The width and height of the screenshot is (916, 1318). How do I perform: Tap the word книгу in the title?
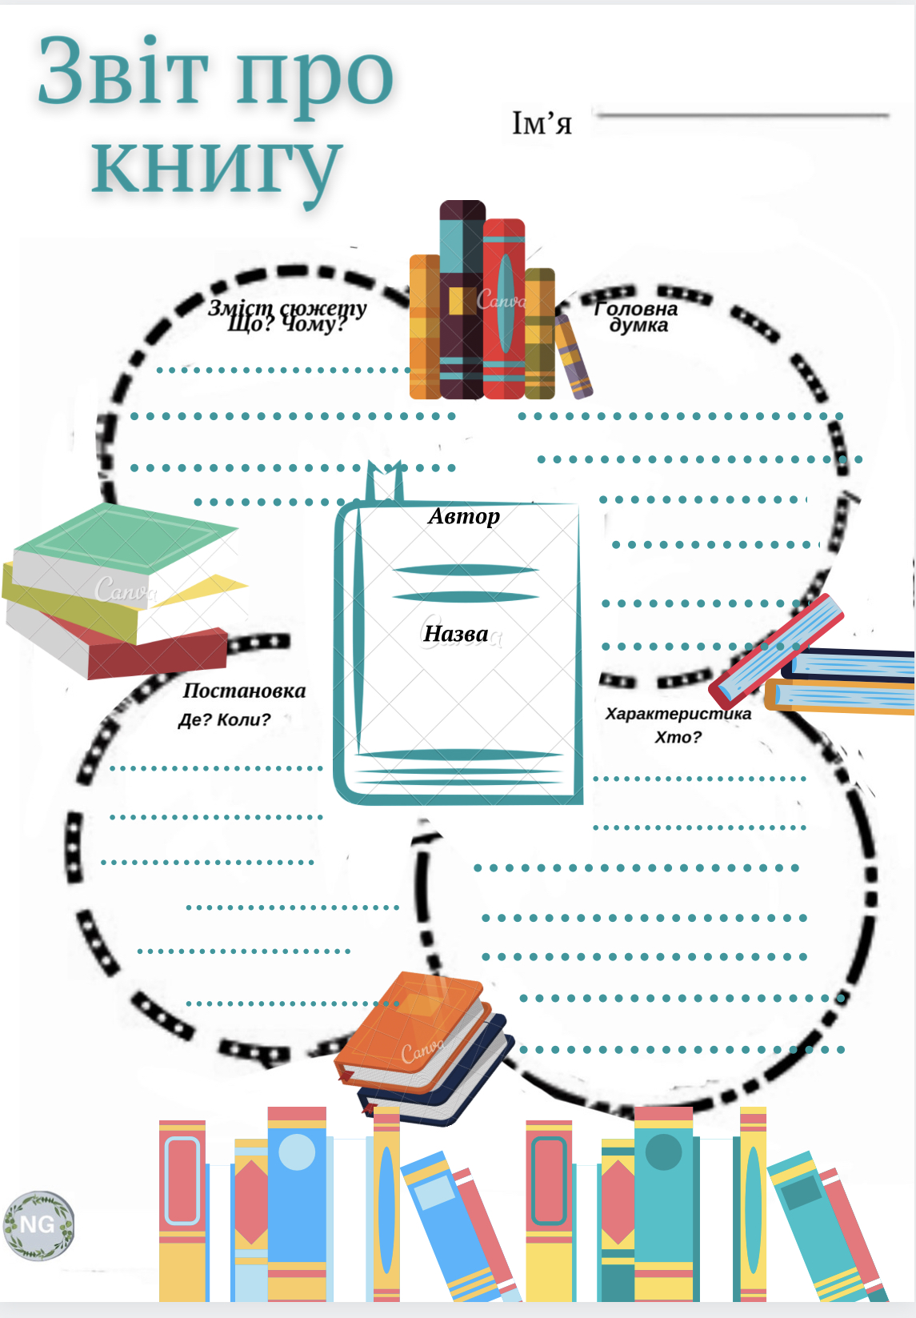pos(216,164)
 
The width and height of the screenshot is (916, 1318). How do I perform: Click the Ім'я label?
pos(542,123)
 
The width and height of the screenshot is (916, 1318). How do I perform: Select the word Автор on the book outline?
pos(464,516)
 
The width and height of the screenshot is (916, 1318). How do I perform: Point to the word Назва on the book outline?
pos(455,634)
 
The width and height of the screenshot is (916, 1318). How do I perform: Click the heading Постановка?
pos(244,691)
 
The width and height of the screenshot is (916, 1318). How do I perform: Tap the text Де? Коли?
pos(224,719)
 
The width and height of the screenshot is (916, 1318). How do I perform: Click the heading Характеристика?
pos(678,713)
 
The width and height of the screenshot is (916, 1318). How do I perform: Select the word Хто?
pos(678,737)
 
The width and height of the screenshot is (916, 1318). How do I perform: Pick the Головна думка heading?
pos(637,317)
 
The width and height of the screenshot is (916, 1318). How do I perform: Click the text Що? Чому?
pos(286,325)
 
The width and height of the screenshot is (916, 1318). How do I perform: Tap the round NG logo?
pos(38,1224)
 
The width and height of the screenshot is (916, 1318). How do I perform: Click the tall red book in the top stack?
pos(503,308)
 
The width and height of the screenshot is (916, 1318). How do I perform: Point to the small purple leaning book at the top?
pos(574,356)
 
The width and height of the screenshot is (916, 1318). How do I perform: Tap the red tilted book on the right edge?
pos(776,648)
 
